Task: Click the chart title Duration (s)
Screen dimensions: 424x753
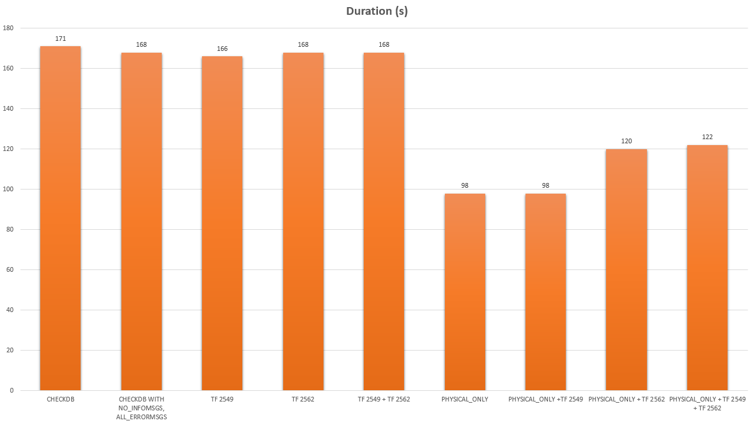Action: [377, 12]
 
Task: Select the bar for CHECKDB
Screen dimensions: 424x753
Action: [60, 219]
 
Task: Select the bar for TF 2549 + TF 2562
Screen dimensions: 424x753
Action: [384, 221]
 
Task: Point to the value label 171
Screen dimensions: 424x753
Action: [60, 38]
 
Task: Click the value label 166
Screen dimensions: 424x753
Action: [222, 49]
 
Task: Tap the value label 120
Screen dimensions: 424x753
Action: [627, 141]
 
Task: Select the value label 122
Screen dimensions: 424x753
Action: [707, 137]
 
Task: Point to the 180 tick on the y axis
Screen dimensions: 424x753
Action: [8, 28]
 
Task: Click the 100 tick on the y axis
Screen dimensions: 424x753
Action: [8, 189]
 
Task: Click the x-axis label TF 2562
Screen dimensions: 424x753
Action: [303, 400]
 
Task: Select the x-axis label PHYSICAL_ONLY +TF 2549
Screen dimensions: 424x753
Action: [546, 400]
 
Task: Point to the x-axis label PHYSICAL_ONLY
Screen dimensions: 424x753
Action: [465, 400]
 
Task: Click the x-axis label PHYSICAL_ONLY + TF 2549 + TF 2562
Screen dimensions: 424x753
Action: [707, 404]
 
